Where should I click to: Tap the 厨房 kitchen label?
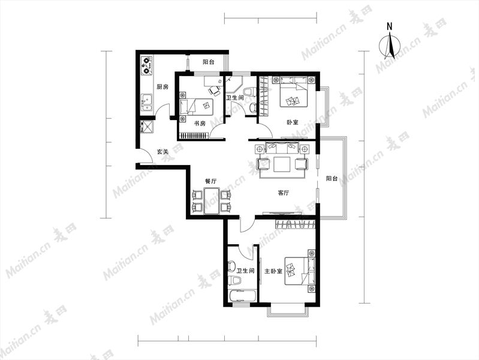pyautogui.click(x=162, y=87)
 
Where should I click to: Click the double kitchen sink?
pyautogui.click(x=147, y=103)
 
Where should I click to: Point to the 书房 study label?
pyautogui.click(x=200, y=124)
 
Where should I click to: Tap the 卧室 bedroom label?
pyautogui.click(x=293, y=122)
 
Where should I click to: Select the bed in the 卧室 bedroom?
pyautogui.click(x=294, y=91)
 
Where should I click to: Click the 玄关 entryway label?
pyautogui.click(x=162, y=151)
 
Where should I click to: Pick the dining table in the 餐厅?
pyautogui.click(x=212, y=201)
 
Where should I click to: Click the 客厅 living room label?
pyautogui.click(x=283, y=193)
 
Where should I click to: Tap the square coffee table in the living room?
pyautogui.click(x=282, y=164)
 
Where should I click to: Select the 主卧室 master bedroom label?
pyautogui.click(x=273, y=271)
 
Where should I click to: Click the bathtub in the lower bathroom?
pyautogui.click(x=243, y=296)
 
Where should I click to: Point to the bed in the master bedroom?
pyautogui.click(x=300, y=271)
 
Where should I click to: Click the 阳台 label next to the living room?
pyautogui.click(x=332, y=179)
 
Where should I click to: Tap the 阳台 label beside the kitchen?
pyautogui.click(x=209, y=62)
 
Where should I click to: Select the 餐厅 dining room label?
pyautogui.click(x=210, y=181)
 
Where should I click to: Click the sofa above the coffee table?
pyautogui.click(x=282, y=148)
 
